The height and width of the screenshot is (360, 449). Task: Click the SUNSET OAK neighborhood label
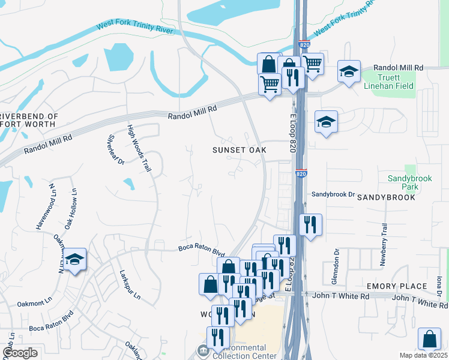(239, 149)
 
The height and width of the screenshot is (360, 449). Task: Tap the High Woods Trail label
(139, 148)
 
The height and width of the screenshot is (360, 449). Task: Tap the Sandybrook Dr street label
(334, 194)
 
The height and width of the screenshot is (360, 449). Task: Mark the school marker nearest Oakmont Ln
(74, 259)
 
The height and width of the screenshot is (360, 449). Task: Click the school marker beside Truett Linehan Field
(349, 71)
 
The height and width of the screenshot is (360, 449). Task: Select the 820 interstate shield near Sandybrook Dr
(301, 173)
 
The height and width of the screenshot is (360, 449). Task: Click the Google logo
(20, 353)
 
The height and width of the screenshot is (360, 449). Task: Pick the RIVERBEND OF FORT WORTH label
(28, 120)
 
